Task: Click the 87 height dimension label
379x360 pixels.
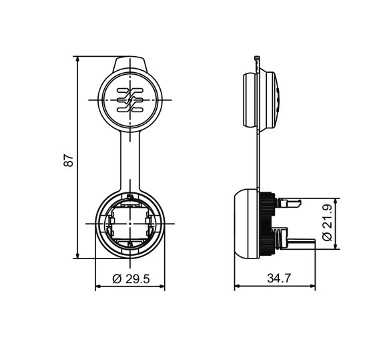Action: pos(69,160)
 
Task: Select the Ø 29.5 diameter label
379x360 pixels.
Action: pos(131,279)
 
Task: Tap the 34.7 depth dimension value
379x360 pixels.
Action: pos(279,279)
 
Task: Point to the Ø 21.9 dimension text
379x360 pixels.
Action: pos(328,222)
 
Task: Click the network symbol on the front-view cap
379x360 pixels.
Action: pos(130,100)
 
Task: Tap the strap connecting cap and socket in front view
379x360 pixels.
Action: pos(130,161)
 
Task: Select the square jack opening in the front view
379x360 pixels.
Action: pos(130,224)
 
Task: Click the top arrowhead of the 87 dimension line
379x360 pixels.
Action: pos(77,59)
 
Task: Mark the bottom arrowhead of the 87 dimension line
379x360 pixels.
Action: pos(77,255)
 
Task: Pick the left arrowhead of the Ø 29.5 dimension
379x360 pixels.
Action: pos(99,287)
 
